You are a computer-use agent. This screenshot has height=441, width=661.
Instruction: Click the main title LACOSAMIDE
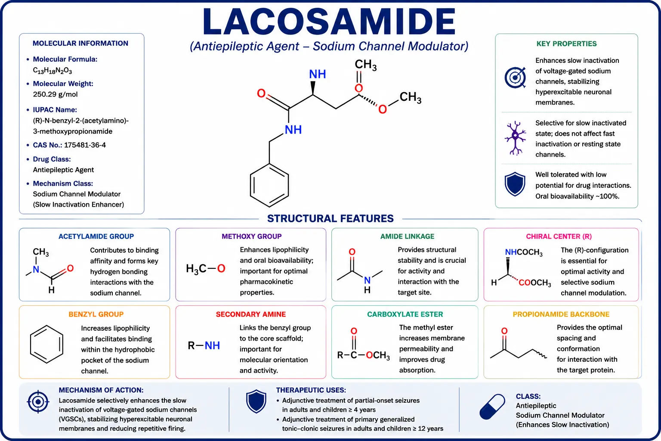click(x=329, y=22)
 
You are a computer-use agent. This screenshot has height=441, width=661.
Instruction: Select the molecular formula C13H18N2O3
click(x=52, y=71)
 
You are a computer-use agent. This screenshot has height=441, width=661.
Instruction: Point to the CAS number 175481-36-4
click(x=85, y=145)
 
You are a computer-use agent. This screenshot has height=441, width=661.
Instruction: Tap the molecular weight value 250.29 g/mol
click(x=55, y=94)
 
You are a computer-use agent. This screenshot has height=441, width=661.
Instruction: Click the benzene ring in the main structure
click(x=269, y=185)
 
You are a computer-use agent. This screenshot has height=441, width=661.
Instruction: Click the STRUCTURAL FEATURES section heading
click(x=330, y=219)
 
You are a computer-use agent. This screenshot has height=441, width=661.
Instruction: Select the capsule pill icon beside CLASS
click(x=492, y=407)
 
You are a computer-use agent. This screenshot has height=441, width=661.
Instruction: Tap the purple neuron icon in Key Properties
click(x=515, y=138)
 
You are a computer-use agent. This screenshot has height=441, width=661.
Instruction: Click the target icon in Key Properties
click(x=515, y=78)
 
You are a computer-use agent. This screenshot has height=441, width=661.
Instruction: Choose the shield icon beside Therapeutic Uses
click(x=256, y=401)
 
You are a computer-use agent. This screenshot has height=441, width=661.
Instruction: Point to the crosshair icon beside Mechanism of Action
click(x=38, y=402)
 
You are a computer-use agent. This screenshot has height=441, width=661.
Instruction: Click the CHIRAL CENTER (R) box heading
click(x=559, y=236)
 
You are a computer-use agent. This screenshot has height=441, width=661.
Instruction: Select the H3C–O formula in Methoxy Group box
click(x=205, y=268)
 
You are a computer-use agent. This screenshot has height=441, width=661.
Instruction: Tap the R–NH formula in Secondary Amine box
click(x=204, y=345)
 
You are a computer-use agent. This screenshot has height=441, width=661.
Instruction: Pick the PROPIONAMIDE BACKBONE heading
click(x=561, y=314)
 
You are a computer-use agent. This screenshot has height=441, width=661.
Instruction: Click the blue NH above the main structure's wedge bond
click(x=318, y=74)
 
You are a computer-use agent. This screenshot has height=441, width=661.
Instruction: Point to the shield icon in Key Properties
click(x=515, y=184)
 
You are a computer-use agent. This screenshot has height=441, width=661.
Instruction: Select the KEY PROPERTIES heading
click(x=566, y=44)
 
